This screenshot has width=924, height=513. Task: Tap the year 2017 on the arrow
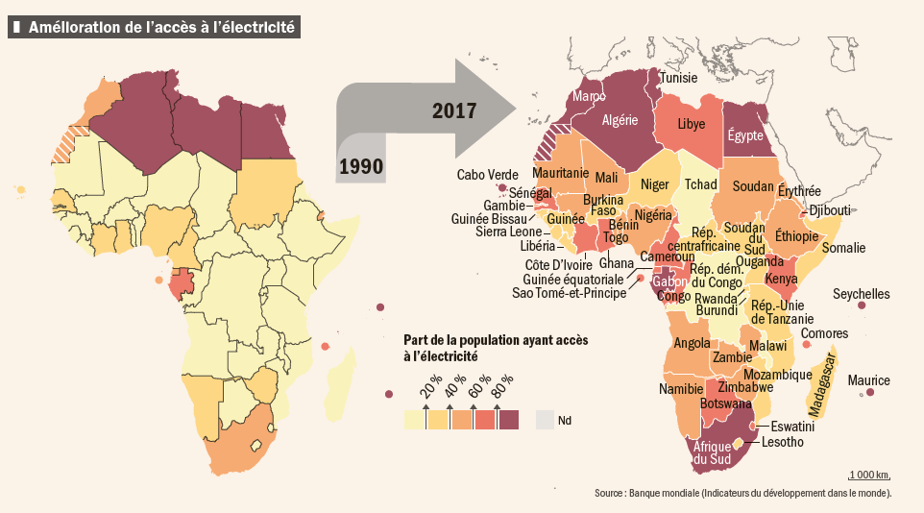pos(454,110)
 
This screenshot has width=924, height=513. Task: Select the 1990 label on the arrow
pos(360,167)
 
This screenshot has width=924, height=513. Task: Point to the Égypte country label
pos(745,135)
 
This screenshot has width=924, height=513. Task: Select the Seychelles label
pos(861,294)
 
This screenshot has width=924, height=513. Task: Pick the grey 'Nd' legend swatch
pos(546,420)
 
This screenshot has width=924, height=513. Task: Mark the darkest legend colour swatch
pos(508,420)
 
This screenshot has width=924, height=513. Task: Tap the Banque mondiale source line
pos(742,494)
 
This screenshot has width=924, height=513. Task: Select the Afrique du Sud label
pos(712,452)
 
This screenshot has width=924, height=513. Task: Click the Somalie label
pos(844,248)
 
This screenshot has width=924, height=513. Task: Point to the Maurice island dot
pos(870,392)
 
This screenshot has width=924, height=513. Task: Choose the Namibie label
pos(681,389)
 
